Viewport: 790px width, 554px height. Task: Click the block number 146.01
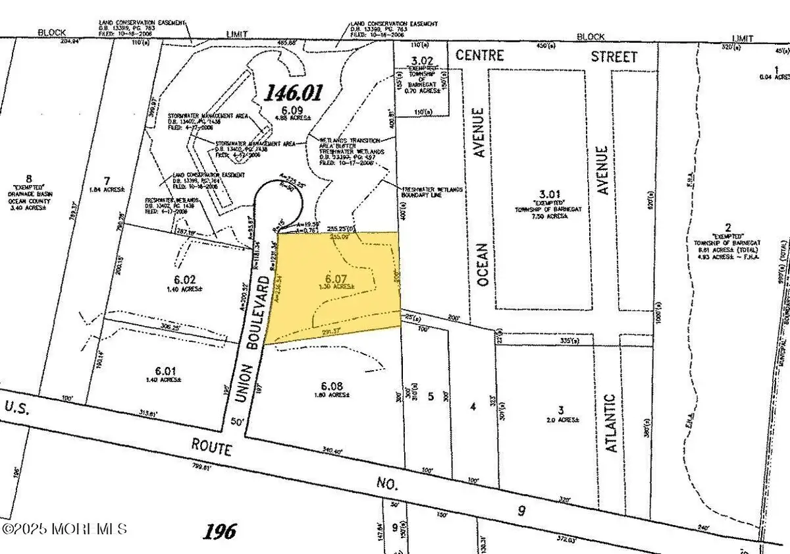click(294, 93)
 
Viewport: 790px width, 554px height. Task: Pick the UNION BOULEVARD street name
click(261, 336)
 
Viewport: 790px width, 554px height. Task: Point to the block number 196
click(219, 531)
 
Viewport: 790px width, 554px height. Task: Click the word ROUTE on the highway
click(212, 449)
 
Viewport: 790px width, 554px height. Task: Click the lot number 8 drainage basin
click(28, 179)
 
